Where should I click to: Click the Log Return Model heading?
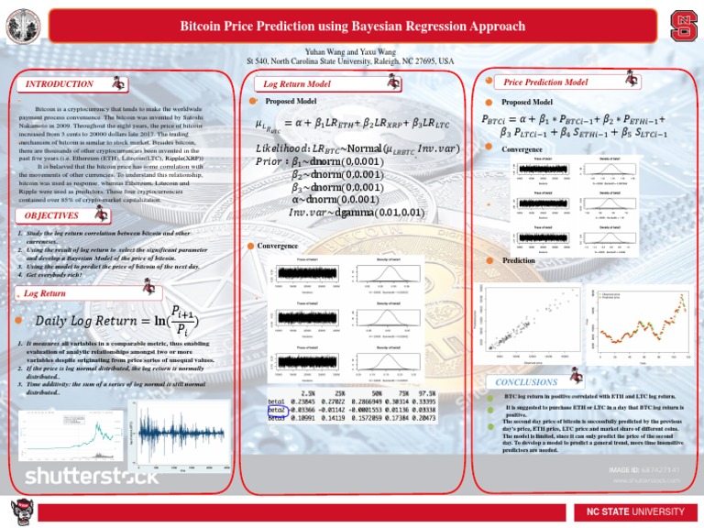click(x=297, y=84)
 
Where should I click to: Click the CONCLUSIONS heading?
click(x=525, y=381)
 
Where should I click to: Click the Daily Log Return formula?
click(x=119, y=320)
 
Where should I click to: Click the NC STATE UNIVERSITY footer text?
click(x=633, y=511)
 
